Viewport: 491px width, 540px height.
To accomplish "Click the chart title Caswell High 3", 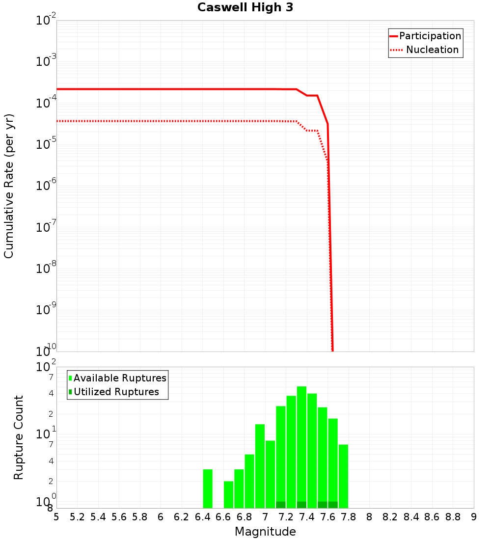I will click(x=245, y=8).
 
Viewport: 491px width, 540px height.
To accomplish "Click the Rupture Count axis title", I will click(x=19, y=437).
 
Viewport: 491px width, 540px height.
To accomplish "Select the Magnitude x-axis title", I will click(x=265, y=532).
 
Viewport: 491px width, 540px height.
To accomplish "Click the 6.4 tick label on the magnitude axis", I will click(x=202, y=517).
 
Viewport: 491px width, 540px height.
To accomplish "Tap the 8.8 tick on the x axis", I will click(x=453, y=517).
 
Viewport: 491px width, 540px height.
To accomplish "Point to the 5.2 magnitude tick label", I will click(x=77, y=517).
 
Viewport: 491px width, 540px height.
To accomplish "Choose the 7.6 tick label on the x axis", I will click(x=327, y=517).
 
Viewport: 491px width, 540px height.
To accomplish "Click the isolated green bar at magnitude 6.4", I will click(x=208, y=488).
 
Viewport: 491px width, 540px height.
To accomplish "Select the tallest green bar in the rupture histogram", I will click(x=301, y=447).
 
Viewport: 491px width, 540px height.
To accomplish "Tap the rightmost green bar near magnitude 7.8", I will click(x=343, y=476).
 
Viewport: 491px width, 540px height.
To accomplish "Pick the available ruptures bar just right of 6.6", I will click(x=229, y=494).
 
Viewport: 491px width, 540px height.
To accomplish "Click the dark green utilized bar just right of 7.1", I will click(x=281, y=505).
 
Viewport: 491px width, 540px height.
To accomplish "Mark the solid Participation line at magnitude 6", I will click(x=161, y=89).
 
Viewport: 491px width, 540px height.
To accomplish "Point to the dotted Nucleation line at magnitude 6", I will click(x=161, y=121).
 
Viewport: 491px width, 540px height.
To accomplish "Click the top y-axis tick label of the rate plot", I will click(x=46, y=21).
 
